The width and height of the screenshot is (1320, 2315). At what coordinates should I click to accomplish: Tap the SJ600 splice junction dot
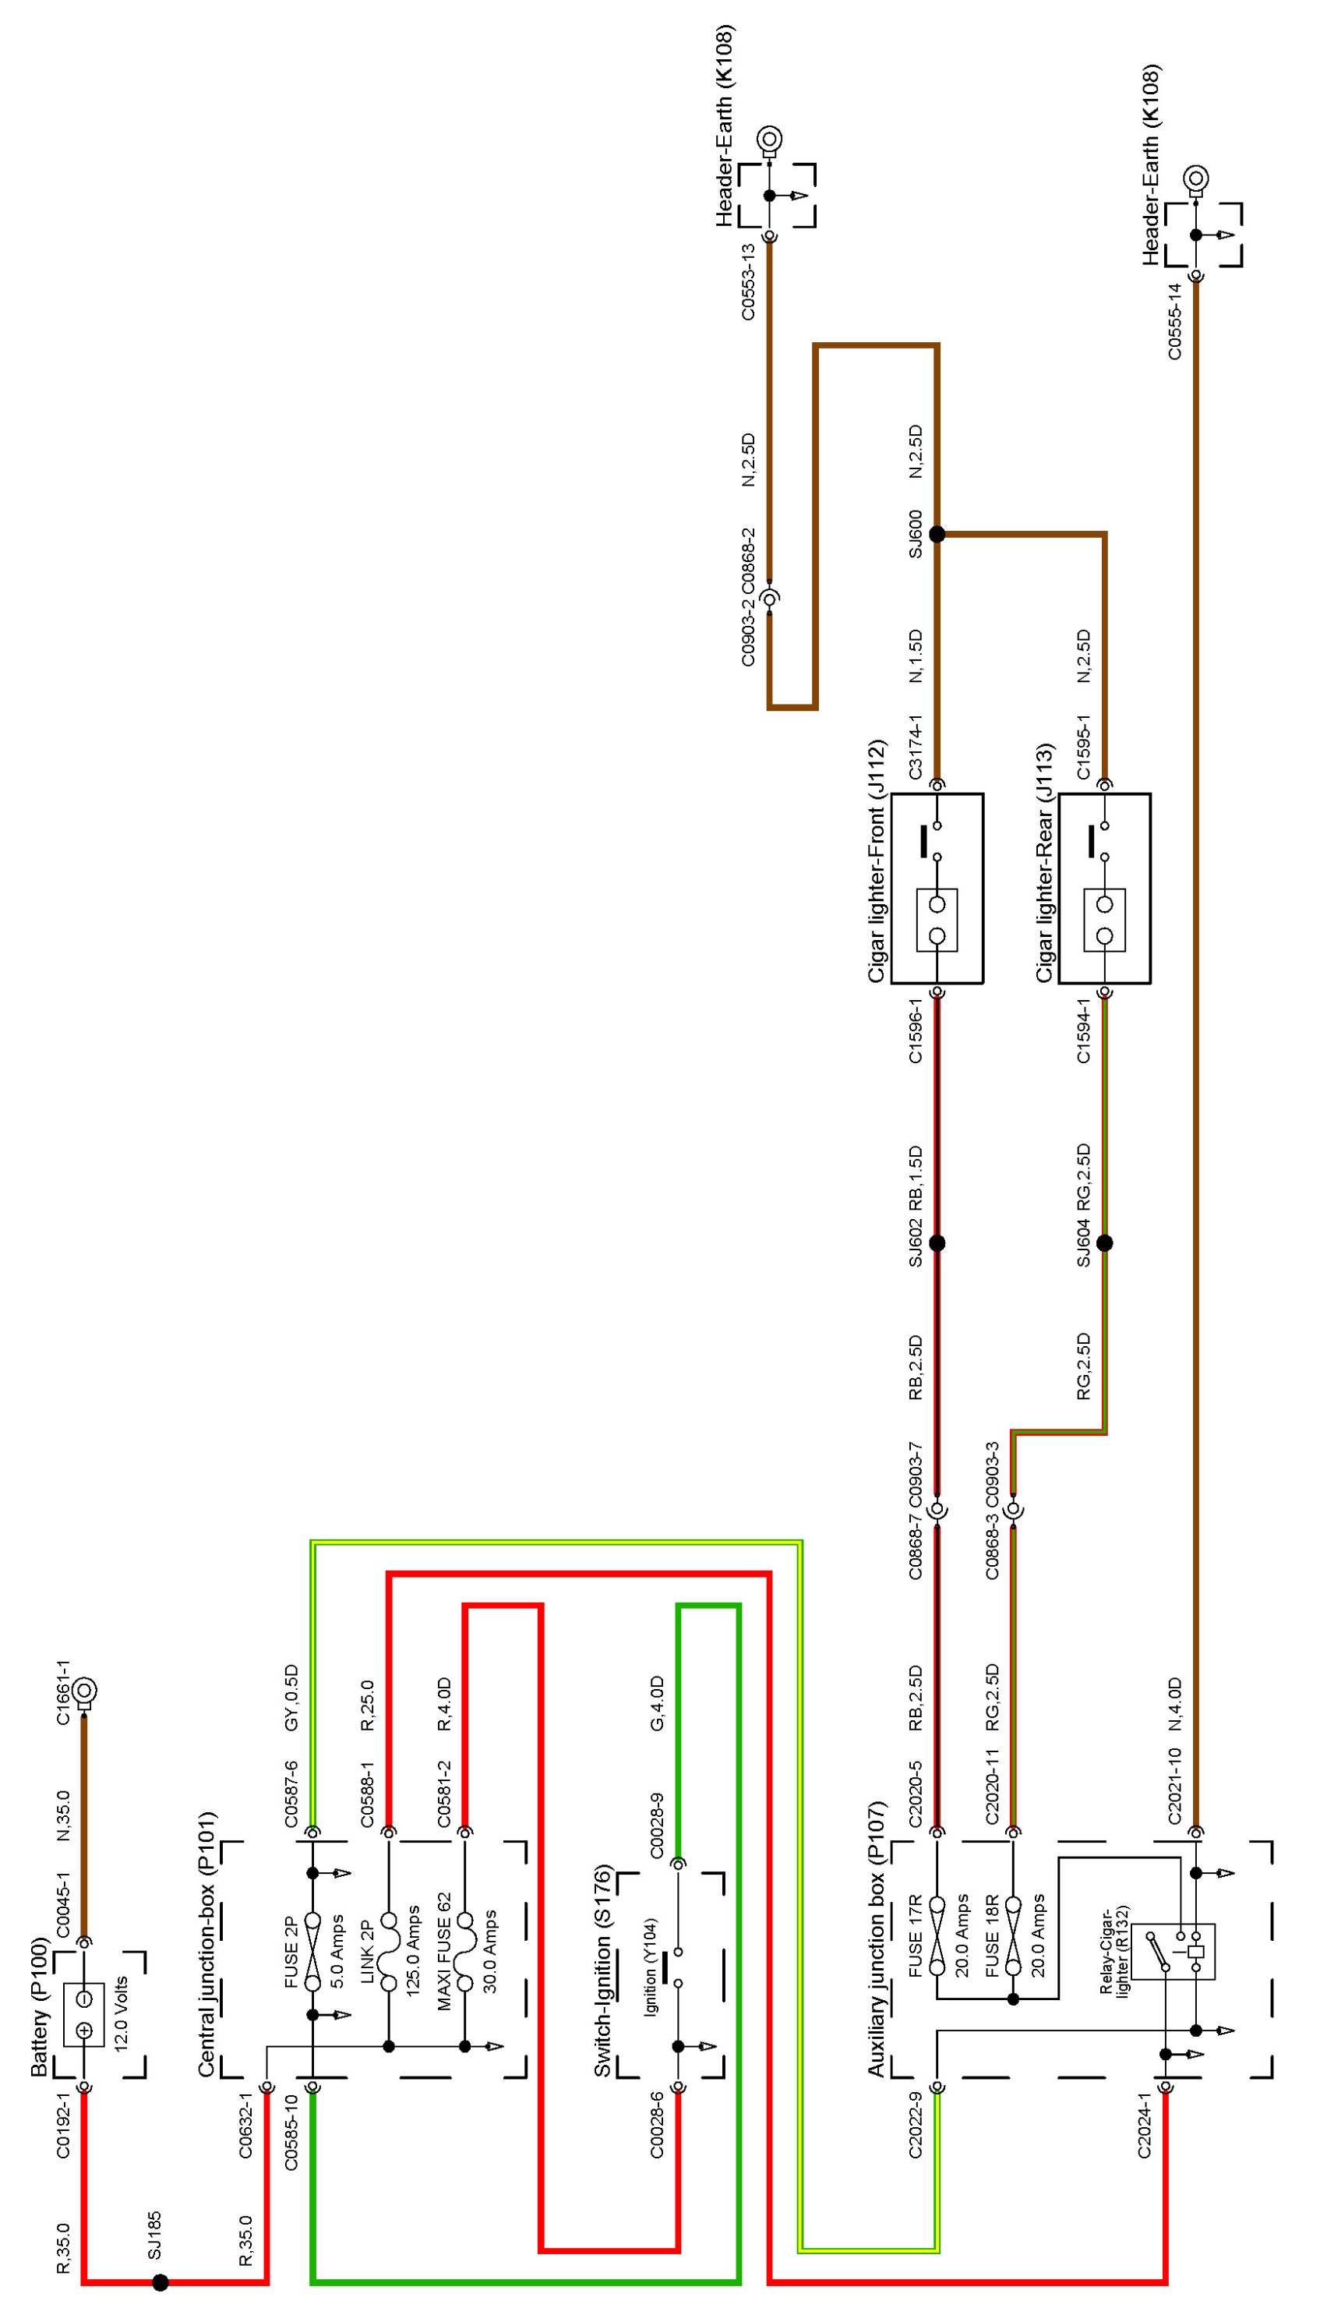pyautogui.click(x=937, y=534)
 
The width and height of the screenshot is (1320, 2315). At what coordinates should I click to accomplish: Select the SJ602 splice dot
pyautogui.click(x=937, y=1242)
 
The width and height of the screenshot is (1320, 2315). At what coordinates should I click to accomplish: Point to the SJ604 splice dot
pyautogui.click(x=1104, y=1242)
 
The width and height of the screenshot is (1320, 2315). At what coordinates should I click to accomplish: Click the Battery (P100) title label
pyautogui.click(x=39, y=2009)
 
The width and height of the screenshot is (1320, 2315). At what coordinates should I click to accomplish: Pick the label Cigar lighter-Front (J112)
pyautogui.click(x=876, y=862)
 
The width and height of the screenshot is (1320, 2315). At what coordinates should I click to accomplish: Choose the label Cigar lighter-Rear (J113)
pyautogui.click(x=1044, y=862)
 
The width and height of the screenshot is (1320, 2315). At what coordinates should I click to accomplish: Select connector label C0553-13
pyautogui.click(x=748, y=281)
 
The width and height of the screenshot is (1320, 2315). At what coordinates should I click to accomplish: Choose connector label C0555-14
pyautogui.click(x=1175, y=321)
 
